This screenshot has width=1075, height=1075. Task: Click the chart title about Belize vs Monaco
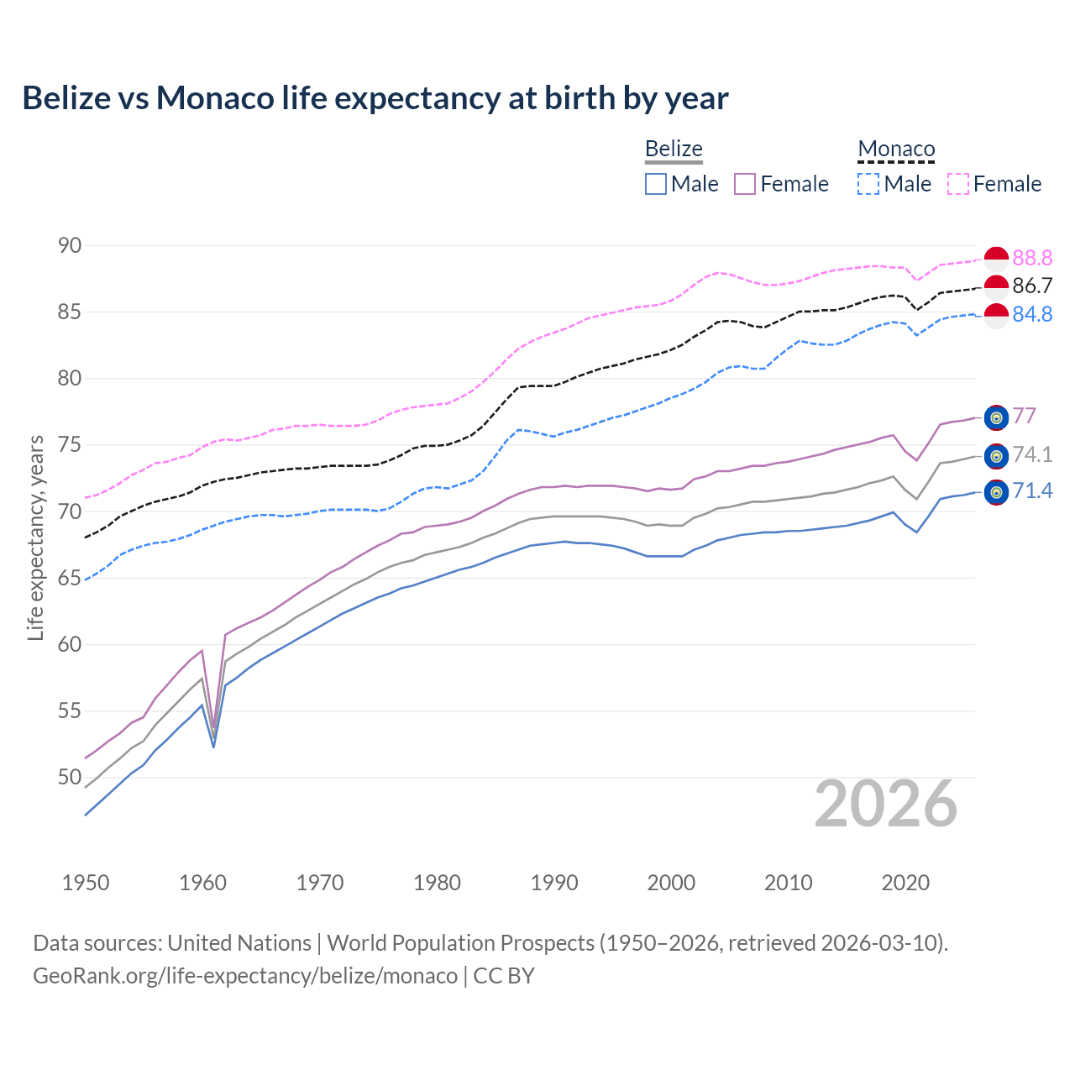pyautogui.click(x=375, y=98)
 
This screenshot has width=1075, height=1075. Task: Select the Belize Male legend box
pyautogui.click(x=656, y=184)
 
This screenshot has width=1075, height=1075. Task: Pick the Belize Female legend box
pyautogui.click(x=745, y=184)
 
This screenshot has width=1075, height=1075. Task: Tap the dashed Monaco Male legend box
pyautogui.click(x=868, y=184)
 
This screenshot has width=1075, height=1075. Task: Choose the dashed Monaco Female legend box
pyautogui.click(x=958, y=184)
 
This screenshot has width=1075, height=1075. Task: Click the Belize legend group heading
pyautogui.click(x=674, y=149)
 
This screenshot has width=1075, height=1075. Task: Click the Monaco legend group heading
pyautogui.click(x=896, y=149)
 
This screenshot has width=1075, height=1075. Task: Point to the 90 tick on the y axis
pyautogui.click(x=70, y=245)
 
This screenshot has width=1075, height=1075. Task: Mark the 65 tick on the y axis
pyautogui.click(x=70, y=578)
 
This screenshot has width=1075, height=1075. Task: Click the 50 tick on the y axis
pyautogui.click(x=70, y=778)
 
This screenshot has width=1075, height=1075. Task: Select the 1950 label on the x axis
pyautogui.click(x=86, y=883)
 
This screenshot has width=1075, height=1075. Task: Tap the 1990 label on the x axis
pyautogui.click(x=554, y=883)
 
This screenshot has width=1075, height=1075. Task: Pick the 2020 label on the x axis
pyautogui.click(x=905, y=883)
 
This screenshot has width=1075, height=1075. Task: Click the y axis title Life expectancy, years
pyautogui.click(x=35, y=537)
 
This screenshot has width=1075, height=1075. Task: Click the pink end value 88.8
pyautogui.click(x=1032, y=258)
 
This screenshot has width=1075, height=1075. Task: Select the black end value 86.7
pyautogui.click(x=1032, y=286)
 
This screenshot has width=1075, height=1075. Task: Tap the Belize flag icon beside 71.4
pyautogui.click(x=996, y=492)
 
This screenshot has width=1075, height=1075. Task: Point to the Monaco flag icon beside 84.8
pyautogui.click(x=996, y=316)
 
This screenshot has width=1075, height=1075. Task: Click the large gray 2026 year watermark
pyautogui.click(x=886, y=804)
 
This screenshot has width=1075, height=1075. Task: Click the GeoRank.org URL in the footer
pyautogui.click(x=245, y=976)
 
